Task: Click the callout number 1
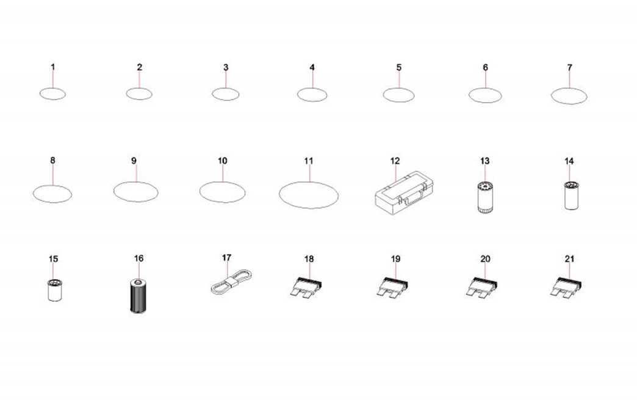[x=53, y=67]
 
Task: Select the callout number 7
[x=569, y=67]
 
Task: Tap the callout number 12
[x=395, y=161]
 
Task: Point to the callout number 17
[x=227, y=258]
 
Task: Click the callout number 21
[x=569, y=258]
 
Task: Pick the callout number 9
[x=134, y=161]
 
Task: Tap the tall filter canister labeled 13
[x=484, y=198]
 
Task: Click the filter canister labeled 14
[x=572, y=195]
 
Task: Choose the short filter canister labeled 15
[x=54, y=290]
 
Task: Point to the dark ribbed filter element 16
[x=139, y=296]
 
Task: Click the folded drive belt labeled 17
[x=231, y=282]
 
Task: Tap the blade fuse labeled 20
[x=481, y=287]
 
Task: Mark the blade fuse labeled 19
[x=392, y=287]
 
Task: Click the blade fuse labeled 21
[x=566, y=287]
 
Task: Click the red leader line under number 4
[x=312, y=79]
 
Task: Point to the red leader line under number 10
[x=223, y=173]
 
